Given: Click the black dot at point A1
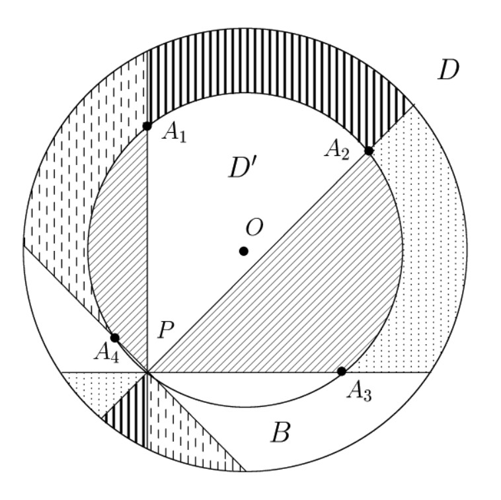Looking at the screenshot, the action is pyautogui.click(x=147, y=126).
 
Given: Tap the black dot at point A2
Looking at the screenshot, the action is pyautogui.click(x=368, y=151).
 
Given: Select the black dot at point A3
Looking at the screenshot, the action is pyautogui.click(x=342, y=371).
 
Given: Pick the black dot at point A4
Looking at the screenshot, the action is pyautogui.click(x=115, y=338).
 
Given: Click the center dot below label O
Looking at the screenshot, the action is pyautogui.click(x=243, y=251).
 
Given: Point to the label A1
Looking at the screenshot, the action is pyautogui.click(x=174, y=132).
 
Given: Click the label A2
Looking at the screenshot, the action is pyautogui.click(x=337, y=150).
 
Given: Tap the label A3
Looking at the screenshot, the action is pyautogui.click(x=359, y=391).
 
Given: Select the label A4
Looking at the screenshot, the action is pyautogui.click(x=106, y=353).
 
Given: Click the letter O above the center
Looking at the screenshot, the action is pyautogui.click(x=254, y=227).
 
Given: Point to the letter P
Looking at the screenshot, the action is pyautogui.click(x=166, y=330).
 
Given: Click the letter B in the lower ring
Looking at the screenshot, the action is pyautogui.click(x=280, y=432).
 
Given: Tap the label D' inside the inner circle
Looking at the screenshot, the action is pyautogui.click(x=242, y=168).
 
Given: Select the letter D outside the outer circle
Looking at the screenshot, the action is pyautogui.click(x=448, y=70).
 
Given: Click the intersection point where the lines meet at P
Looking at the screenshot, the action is pyautogui.click(x=147, y=373).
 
